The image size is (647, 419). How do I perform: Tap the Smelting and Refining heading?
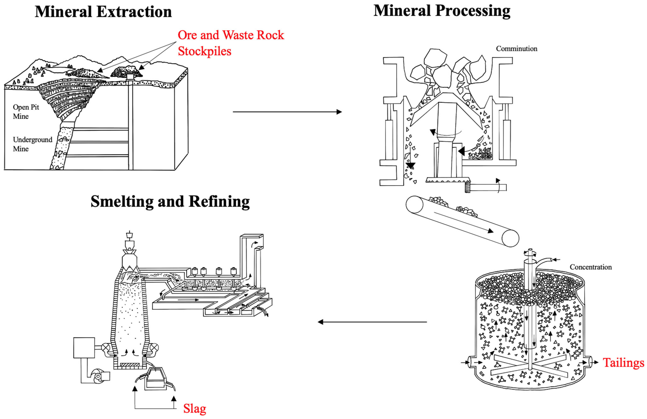click(x=170, y=201)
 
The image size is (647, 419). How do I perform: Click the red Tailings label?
click(x=623, y=363)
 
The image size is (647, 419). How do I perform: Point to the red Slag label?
click(x=194, y=409)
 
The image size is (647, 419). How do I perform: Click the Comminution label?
click(x=516, y=49)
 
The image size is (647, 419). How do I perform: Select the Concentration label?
click(x=590, y=267)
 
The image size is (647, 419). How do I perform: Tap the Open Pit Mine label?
click(x=26, y=112)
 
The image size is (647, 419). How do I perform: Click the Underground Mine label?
click(x=32, y=144)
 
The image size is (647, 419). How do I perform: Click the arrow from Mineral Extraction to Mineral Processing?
click(x=287, y=112)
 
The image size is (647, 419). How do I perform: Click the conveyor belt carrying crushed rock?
click(x=462, y=221)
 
